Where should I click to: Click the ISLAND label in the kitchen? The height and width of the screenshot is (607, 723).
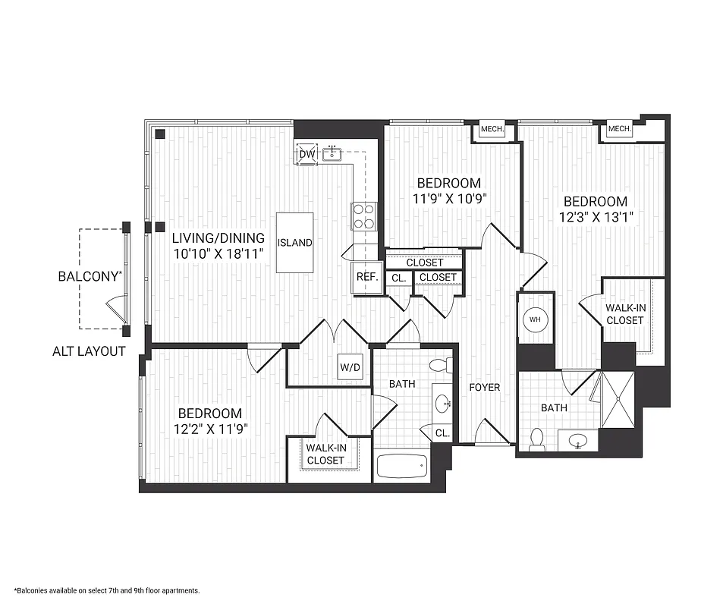point(294,243)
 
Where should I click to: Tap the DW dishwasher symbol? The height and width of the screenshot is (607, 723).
point(306,154)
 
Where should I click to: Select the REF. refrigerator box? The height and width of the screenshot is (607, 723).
point(367,277)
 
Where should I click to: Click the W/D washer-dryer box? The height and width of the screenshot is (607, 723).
point(350,368)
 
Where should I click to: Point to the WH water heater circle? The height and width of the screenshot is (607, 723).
point(535,319)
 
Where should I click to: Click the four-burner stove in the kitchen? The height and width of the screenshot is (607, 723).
point(363,217)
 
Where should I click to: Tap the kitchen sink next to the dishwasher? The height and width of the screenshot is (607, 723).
point(332,155)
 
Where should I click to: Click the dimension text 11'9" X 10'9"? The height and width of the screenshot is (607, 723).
point(449,199)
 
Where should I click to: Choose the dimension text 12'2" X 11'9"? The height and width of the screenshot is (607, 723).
point(209,429)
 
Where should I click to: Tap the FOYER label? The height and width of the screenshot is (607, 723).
point(484,387)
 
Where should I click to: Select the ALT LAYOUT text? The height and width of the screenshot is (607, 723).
point(89,351)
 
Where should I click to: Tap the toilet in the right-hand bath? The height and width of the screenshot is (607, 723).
point(537,440)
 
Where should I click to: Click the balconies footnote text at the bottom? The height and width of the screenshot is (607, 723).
point(106,590)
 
